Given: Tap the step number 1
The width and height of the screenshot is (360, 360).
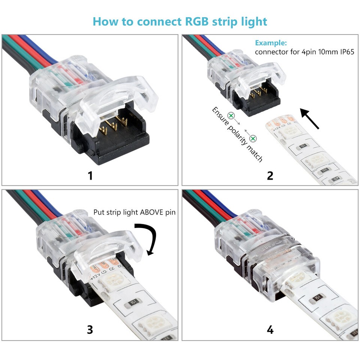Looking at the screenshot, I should pyautogui.click(x=90, y=175).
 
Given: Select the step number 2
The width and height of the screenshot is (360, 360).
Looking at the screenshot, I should pyautogui.click(x=270, y=175).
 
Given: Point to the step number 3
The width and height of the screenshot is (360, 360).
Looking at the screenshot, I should pyautogui.click(x=90, y=330).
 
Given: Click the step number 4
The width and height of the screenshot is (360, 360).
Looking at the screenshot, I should pyautogui.click(x=270, y=330).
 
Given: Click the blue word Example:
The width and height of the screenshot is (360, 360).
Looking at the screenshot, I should pyautogui.click(x=271, y=43).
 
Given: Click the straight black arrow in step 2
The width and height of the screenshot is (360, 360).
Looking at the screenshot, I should pyautogui.click(x=310, y=118).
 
